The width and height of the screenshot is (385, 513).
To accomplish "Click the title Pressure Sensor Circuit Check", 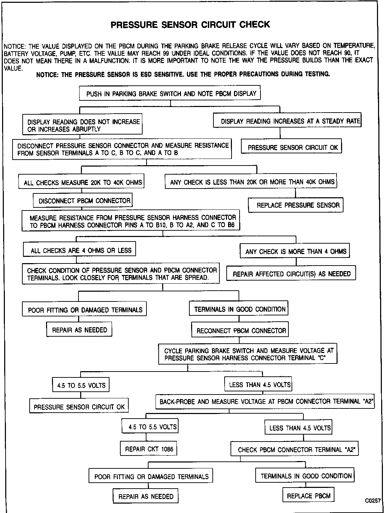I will click(190, 25).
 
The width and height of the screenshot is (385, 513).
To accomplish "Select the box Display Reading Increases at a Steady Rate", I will click(287, 121).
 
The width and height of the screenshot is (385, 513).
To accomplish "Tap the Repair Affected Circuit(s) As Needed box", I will click(292, 274).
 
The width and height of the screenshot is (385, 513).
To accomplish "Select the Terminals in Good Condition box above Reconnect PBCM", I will click(240, 309).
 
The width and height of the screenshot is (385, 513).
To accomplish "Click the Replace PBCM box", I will click(308, 496).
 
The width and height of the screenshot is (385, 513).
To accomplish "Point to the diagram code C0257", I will click(373, 501).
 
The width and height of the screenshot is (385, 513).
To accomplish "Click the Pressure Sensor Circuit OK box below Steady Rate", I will click(293, 147).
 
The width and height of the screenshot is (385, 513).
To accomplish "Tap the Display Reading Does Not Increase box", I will click(83, 125).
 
